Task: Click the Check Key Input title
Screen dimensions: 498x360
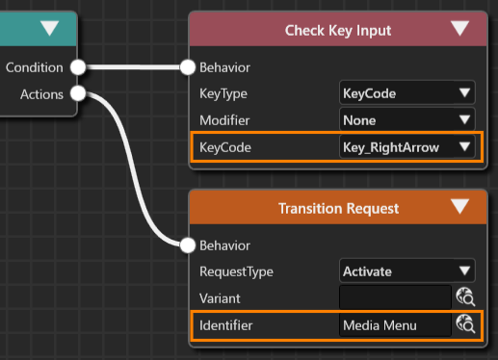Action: pyautogui.click(x=338, y=31)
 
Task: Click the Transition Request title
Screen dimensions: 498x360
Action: pyautogui.click(x=338, y=209)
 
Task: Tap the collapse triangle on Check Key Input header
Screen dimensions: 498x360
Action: pyautogui.click(x=459, y=28)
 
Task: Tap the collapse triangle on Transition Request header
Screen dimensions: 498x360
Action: pyautogui.click(x=459, y=206)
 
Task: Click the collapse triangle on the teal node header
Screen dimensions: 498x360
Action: pyautogui.click(x=50, y=28)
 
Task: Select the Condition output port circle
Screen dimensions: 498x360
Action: pyautogui.click(x=78, y=67)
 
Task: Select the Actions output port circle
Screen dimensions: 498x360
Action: pyautogui.click(x=78, y=93)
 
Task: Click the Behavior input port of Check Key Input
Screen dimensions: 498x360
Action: pyautogui.click(x=188, y=67)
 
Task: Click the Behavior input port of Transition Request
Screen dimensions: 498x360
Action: pyautogui.click(x=188, y=245)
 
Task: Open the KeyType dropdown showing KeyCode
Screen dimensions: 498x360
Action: pyautogui.click(x=407, y=93)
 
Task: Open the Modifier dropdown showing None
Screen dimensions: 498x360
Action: pyautogui.click(x=407, y=120)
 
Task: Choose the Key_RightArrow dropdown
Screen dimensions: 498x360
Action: pyautogui.click(x=407, y=147)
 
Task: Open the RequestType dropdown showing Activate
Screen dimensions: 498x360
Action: pyautogui.click(x=407, y=271)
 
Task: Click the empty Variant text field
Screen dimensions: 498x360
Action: pyautogui.click(x=395, y=298)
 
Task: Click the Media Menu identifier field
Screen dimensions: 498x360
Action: pyautogui.click(x=395, y=325)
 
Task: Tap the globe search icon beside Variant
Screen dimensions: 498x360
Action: pyautogui.click(x=465, y=297)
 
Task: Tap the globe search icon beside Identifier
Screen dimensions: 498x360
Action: pyautogui.click(x=465, y=324)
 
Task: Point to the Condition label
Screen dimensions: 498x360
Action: pyautogui.click(x=35, y=67)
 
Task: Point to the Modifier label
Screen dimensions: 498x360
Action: pyautogui.click(x=224, y=120)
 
